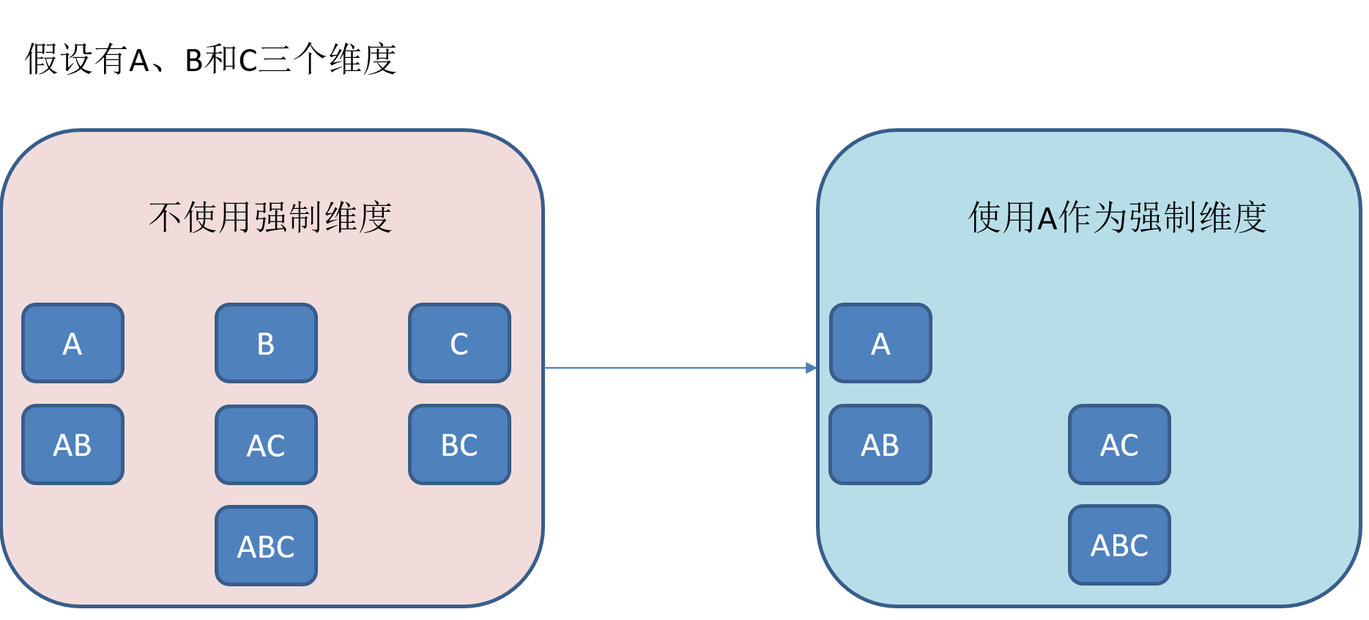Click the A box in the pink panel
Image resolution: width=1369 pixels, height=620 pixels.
tap(73, 343)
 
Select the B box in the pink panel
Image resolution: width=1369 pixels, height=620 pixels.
tap(266, 343)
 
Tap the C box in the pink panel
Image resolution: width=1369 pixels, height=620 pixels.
tap(459, 343)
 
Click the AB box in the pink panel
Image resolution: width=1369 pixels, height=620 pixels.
tap(73, 444)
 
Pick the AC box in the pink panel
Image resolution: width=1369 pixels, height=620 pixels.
tap(266, 445)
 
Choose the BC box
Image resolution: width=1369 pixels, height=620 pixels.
tap(459, 444)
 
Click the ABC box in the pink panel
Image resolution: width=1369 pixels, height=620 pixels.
tap(266, 546)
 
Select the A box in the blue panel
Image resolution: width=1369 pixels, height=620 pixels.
tap(880, 343)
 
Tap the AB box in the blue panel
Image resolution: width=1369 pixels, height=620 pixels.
tap(880, 444)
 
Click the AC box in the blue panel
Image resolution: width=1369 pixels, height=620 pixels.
tap(1119, 444)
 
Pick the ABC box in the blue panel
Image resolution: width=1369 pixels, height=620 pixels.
tap(1119, 545)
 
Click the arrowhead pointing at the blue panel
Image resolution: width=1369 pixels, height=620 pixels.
tap(811, 368)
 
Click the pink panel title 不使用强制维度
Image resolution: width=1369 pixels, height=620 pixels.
tap(270, 218)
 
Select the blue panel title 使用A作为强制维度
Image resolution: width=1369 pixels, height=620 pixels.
tap(1117, 218)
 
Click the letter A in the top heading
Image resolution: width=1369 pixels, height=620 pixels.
tap(139, 61)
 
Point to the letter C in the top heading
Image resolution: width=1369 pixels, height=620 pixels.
tap(248, 61)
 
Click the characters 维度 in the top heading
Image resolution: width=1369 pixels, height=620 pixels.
tap(363, 59)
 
